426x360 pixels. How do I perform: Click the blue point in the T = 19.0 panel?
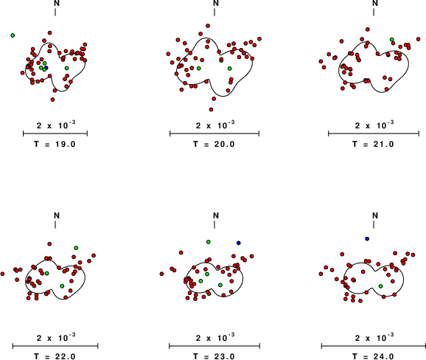point(46,67)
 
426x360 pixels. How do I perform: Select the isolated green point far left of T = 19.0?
point(13,35)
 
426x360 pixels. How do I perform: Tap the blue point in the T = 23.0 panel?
point(239,243)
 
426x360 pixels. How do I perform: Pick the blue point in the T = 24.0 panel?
point(367,239)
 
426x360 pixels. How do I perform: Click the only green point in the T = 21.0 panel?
point(392,39)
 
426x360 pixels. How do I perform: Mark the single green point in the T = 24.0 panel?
point(380,286)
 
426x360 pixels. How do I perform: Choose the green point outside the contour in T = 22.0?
point(76,248)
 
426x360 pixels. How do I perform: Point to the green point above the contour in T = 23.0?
point(209,242)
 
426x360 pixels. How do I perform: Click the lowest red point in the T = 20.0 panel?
point(211,109)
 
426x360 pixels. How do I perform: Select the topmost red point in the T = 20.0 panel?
point(208,26)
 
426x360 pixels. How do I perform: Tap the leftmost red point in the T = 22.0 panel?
point(2,274)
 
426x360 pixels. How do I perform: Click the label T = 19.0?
point(55,144)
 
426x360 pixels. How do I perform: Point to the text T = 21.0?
point(373,144)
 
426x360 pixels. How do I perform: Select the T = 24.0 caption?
point(373,356)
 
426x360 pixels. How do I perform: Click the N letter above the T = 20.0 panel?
point(216,3)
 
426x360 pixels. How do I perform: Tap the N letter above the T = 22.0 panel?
point(57,215)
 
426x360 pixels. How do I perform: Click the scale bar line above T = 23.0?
point(214,346)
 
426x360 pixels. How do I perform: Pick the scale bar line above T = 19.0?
point(55,134)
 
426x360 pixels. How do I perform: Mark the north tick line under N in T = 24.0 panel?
point(374,224)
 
